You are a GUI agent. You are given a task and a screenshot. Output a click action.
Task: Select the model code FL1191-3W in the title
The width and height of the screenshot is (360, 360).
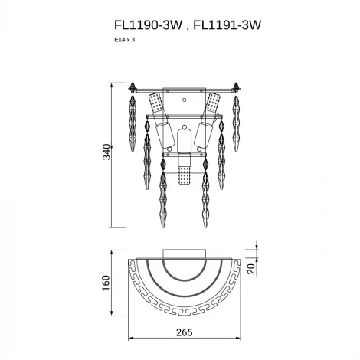click(x=227, y=25)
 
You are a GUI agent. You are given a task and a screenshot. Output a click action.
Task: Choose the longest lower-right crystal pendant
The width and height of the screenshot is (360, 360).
click(x=204, y=195)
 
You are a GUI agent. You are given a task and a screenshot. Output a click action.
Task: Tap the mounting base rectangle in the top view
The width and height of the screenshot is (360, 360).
click(x=184, y=254)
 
